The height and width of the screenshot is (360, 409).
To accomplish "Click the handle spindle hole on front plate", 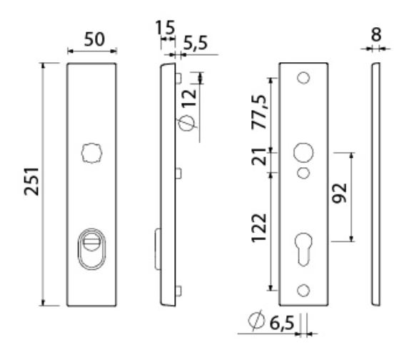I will coord(91,153).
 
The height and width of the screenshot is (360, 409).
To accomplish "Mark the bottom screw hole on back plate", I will coord(303,289).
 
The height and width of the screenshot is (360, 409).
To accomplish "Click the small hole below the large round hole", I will coord(303,173).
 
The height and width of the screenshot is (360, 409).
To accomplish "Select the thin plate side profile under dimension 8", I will coord(374,184).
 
